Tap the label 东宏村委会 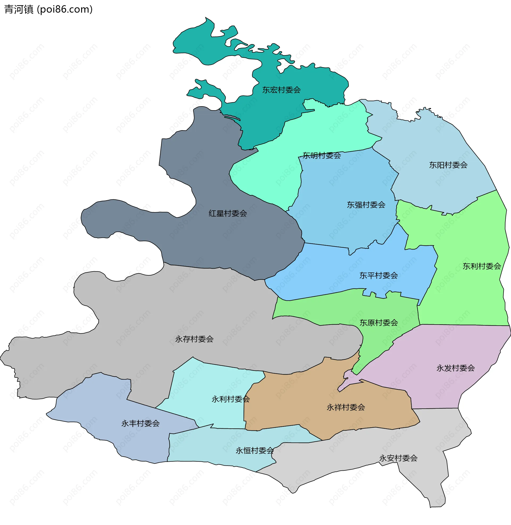tap(281, 90)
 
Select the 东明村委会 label tap(322, 155)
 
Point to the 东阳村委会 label tap(448, 165)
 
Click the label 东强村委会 tap(366, 205)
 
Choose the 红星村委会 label tap(228, 214)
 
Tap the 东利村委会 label tap(482, 266)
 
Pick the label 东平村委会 tap(378, 275)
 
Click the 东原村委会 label tap(378, 323)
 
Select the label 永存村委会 tap(194, 339)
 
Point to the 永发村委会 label tap(455, 368)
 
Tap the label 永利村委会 tap(230, 399)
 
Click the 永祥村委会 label tap(346, 407)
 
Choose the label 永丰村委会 tap(140, 424)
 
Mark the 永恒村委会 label tap(254, 451)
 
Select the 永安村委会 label tap(398, 458)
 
